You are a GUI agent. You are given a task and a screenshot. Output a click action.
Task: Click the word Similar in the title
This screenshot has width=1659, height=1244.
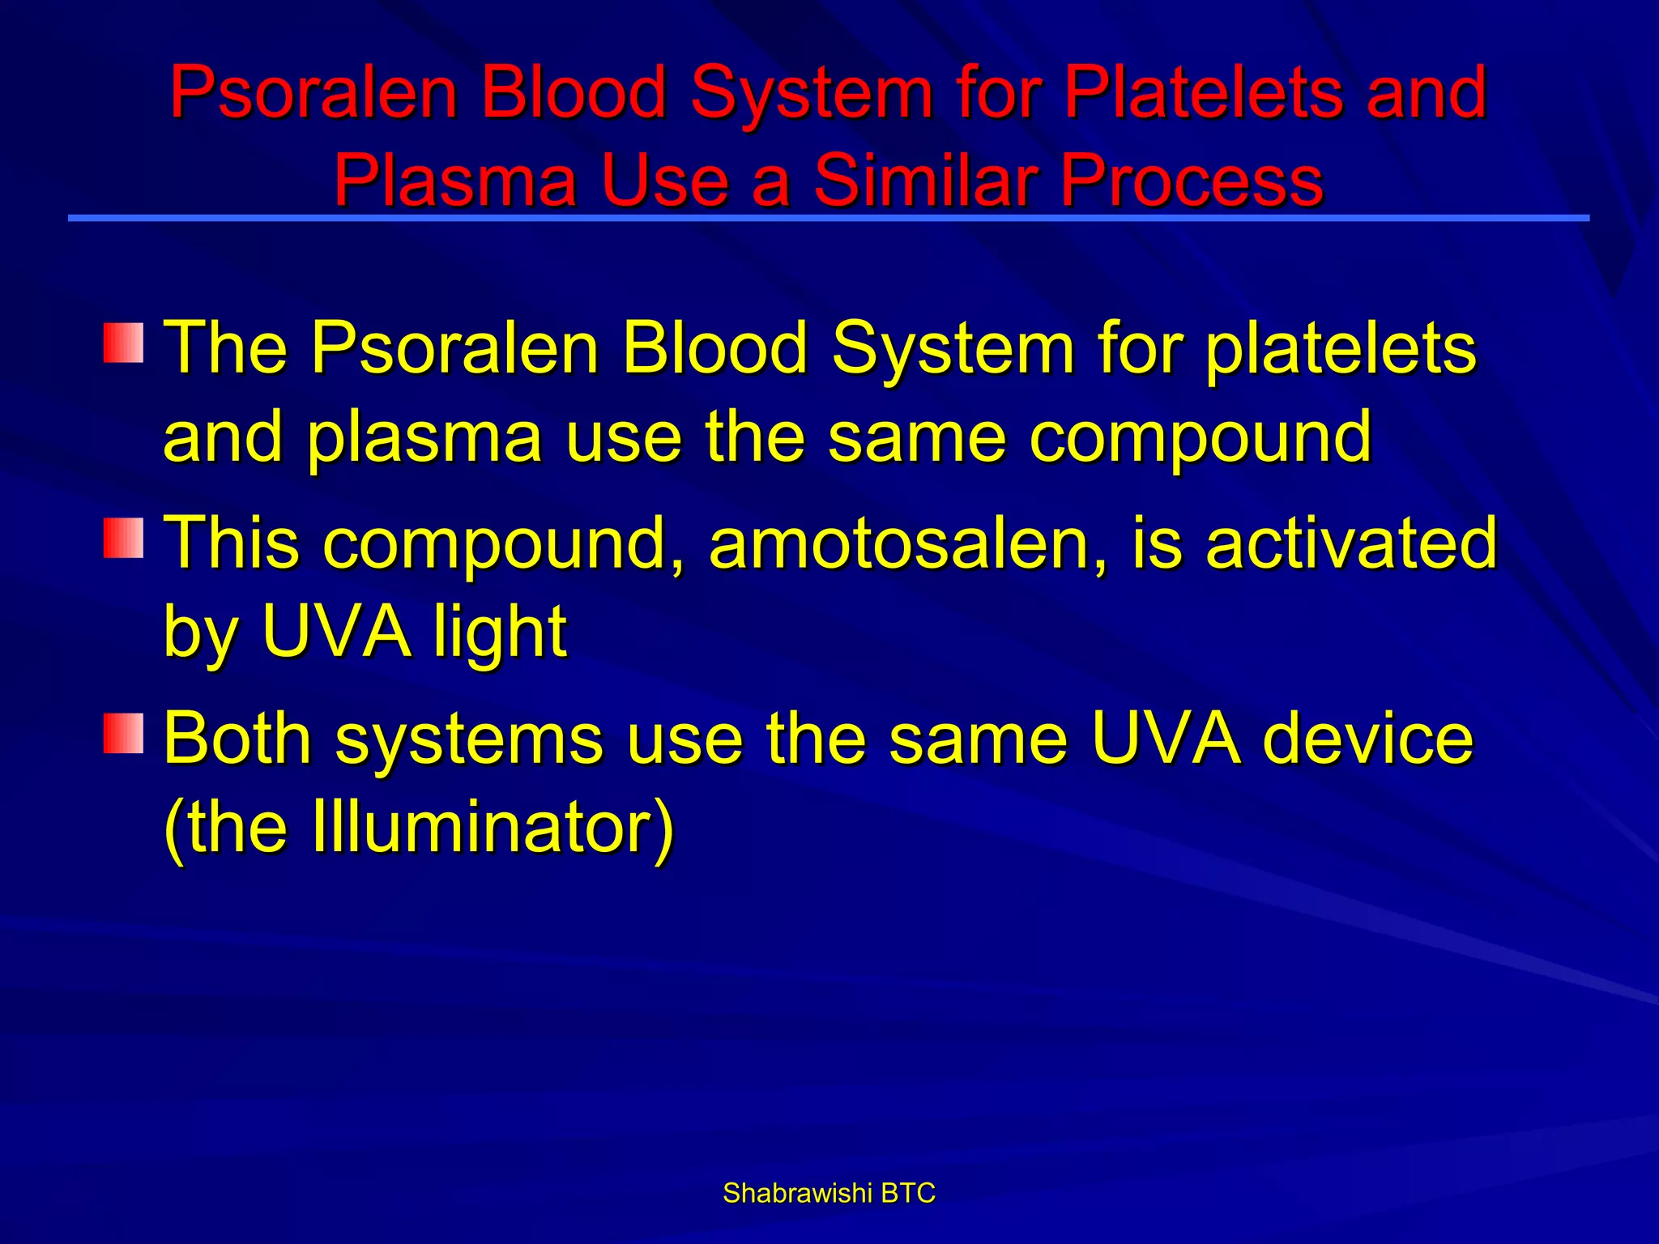pyautogui.click(x=927, y=180)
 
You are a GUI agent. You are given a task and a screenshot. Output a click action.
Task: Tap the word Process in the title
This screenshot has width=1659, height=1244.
pyautogui.click(x=1192, y=180)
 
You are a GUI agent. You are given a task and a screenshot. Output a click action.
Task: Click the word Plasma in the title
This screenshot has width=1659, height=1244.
pyautogui.click(x=454, y=180)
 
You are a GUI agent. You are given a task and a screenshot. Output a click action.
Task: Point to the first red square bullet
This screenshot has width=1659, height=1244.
pyautogui.click(x=123, y=343)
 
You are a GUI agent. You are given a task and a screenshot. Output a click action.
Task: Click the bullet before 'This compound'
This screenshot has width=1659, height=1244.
pyautogui.click(x=123, y=539)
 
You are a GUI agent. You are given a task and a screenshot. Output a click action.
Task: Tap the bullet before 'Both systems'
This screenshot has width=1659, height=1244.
pyautogui.click(x=123, y=734)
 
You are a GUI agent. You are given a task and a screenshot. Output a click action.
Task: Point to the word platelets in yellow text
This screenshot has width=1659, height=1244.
pyautogui.click(x=1341, y=349)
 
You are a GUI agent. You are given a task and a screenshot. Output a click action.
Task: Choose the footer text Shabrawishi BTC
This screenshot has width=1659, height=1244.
pyautogui.click(x=829, y=1193)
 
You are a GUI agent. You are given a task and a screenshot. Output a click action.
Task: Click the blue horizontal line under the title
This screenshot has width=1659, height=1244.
pyautogui.click(x=829, y=218)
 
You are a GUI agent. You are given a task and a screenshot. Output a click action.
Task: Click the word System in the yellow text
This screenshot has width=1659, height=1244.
pyautogui.click(x=953, y=349)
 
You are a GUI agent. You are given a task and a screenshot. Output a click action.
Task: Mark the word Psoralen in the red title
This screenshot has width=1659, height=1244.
pyautogui.click(x=313, y=92)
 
